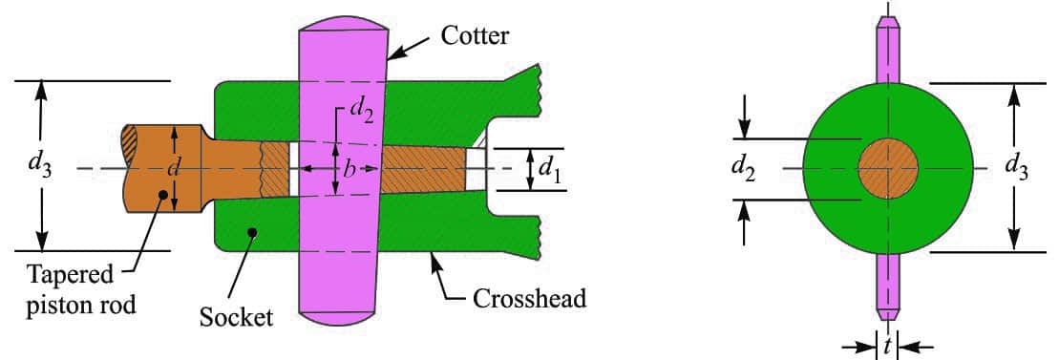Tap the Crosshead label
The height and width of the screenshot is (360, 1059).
coord(529,299)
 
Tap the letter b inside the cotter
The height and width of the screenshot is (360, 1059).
coord(349,169)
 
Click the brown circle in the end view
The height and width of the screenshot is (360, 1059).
coord(888,168)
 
